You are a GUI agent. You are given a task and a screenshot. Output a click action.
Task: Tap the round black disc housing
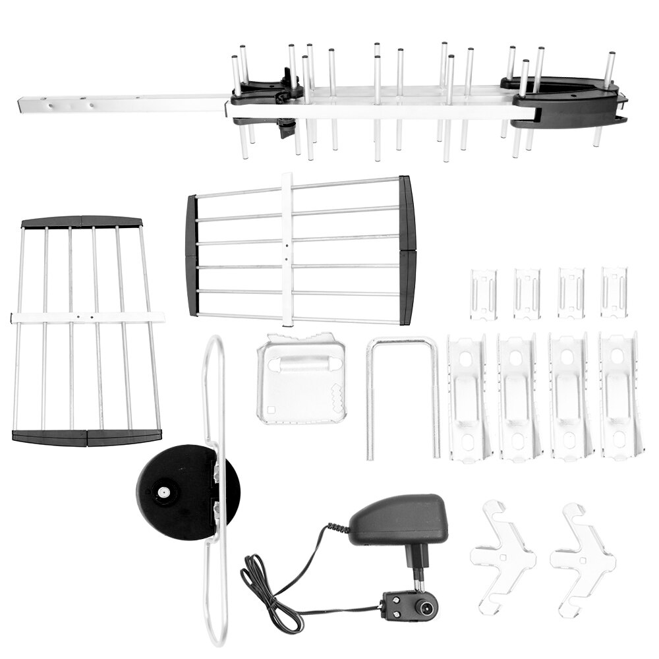178,491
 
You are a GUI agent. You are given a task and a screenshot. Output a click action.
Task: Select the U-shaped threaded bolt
403,395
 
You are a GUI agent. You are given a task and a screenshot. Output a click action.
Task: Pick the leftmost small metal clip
484,293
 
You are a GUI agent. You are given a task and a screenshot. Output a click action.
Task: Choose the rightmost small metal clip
614,292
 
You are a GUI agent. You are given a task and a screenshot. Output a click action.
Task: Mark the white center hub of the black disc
161,492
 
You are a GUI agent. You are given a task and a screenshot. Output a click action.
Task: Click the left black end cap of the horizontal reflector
191,256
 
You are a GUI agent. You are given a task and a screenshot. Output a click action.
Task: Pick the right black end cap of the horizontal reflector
407,250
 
